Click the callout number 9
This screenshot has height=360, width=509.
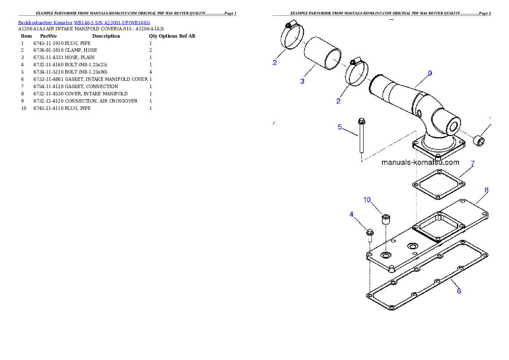click(429, 74)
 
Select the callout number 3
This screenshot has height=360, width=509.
click(302, 81)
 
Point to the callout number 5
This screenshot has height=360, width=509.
click(340, 127)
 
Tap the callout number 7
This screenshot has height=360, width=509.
click(472, 163)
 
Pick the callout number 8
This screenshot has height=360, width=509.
click(486, 189)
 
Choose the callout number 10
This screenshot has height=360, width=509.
click(367, 200)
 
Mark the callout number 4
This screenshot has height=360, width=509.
click(351, 214)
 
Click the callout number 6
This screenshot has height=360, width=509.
click(459, 291)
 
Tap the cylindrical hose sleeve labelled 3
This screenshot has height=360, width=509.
click(323, 53)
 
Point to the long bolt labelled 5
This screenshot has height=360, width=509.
click(361, 137)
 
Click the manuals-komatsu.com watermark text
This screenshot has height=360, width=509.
click(420, 162)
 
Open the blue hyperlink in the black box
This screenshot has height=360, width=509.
click(84, 23)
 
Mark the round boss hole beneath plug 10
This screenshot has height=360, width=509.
click(386, 255)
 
